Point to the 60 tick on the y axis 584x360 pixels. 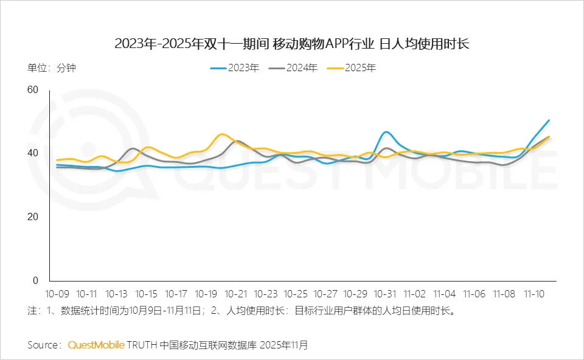[32, 90]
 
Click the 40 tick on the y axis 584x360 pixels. [32, 153]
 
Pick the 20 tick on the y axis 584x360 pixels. [32, 217]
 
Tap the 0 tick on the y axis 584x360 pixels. [35, 280]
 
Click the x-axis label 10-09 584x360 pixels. [57, 293]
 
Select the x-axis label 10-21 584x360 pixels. [236, 293]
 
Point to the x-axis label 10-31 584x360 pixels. [385, 293]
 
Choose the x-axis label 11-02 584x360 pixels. [415, 293]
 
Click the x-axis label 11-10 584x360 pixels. [535, 293]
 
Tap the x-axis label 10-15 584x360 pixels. [147, 293]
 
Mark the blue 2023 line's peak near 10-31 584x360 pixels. [386, 132]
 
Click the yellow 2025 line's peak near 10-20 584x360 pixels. [223, 134]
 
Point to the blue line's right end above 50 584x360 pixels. [549, 120]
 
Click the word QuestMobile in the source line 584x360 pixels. [96, 345]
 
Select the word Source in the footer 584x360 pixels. [43, 345]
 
